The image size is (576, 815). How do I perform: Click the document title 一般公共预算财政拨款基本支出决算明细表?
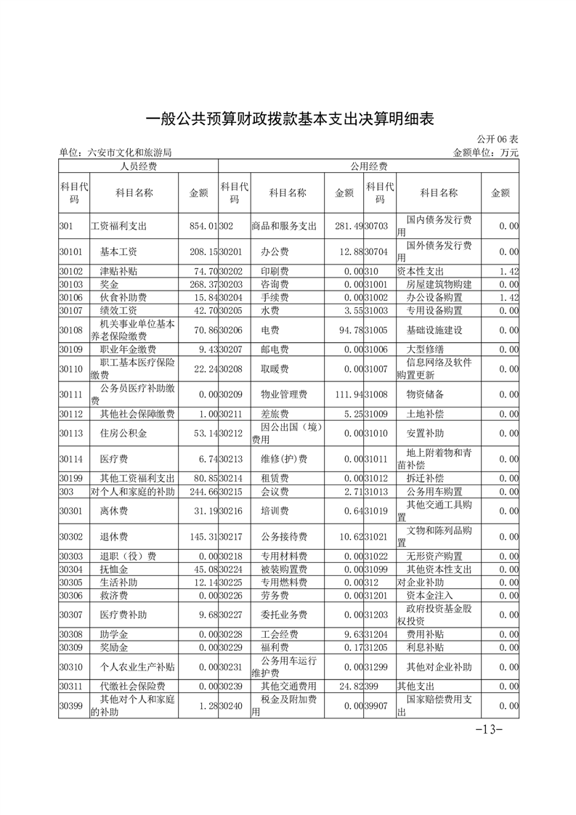click(x=288, y=118)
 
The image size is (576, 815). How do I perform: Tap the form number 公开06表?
click(x=498, y=139)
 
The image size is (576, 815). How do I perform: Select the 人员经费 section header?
click(x=138, y=166)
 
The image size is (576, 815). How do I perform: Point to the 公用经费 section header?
click(x=368, y=166)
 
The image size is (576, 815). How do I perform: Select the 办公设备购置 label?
click(x=434, y=297)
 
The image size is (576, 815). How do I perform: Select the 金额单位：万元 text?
click(x=485, y=153)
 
